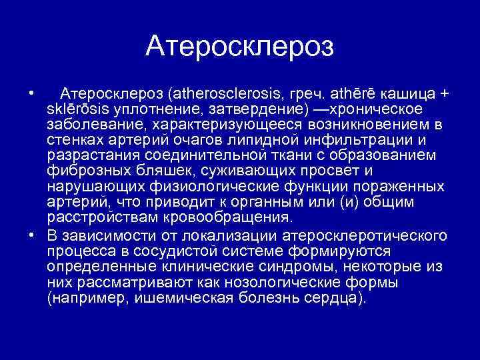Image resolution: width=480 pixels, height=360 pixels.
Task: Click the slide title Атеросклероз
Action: tap(239, 45)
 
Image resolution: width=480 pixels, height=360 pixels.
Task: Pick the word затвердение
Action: tap(260, 108)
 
